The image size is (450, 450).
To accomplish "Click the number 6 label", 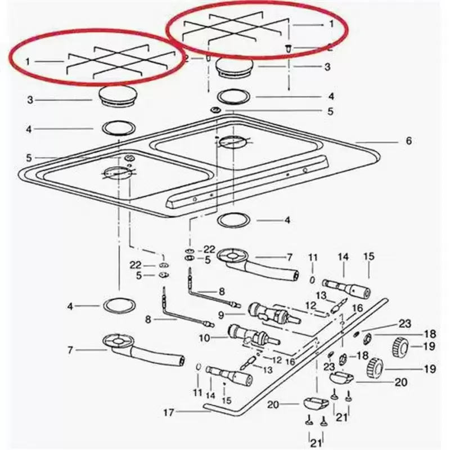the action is pyautogui.click(x=408, y=141).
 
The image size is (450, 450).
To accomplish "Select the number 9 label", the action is pyautogui.click(x=220, y=315).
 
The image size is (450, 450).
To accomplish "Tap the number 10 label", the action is pyautogui.click(x=205, y=338).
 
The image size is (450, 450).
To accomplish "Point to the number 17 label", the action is pyautogui.click(x=169, y=413).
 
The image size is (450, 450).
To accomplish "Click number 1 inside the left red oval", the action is pyautogui.click(x=28, y=62).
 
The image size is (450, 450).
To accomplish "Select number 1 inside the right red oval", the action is pyautogui.click(x=331, y=24).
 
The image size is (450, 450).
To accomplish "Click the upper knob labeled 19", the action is pyautogui.click(x=400, y=346).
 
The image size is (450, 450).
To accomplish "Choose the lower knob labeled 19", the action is pyautogui.click(x=375, y=368).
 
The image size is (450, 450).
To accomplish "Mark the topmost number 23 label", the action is pyautogui.click(x=404, y=324).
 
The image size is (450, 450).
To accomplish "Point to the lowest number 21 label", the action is pyautogui.click(x=316, y=443).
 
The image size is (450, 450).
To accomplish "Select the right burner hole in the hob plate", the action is pyautogui.click(x=233, y=141).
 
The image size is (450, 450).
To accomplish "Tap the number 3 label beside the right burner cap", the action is pyautogui.click(x=327, y=67).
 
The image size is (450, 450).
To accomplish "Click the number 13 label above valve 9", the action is pyautogui.click(x=321, y=296).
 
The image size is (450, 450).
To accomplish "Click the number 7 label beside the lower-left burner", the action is pyautogui.click(x=70, y=350).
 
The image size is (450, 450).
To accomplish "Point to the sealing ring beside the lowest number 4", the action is pyautogui.click(x=119, y=306).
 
